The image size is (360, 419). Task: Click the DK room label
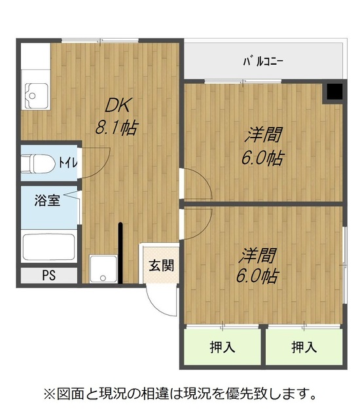tap(118, 105)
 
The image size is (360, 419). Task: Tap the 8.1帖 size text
tap(117, 128)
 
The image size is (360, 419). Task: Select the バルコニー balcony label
tap(263, 62)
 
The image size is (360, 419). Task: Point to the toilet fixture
tap(38, 164)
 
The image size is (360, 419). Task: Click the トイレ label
tap(68, 162)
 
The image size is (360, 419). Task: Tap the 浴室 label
tap(47, 200)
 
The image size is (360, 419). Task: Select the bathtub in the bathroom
tap(48, 247)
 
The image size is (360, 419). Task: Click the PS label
tap(49, 275)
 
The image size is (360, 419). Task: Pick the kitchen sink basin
tap(37, 96)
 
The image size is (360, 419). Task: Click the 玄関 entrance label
tap(161, 266)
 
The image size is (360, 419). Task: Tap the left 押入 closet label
tap(223, 348)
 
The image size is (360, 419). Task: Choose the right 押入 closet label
tap(304, 348)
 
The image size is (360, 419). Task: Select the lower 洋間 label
tap(257, 255)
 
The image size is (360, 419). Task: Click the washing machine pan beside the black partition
tap(103, 269)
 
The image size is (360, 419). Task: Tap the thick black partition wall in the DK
tap(120, 253)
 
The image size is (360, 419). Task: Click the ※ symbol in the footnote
tap(50, 394)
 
